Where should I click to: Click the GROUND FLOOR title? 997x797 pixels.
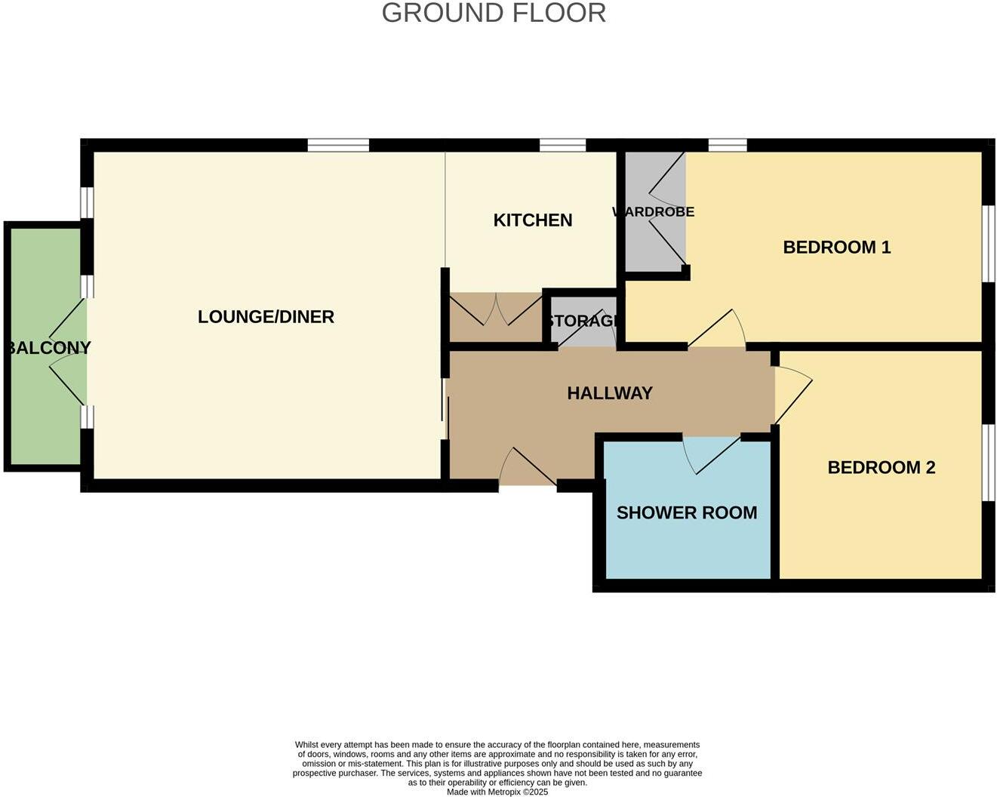pyautogui.click(x=494, y=13)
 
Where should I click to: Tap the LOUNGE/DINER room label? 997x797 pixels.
pyautogui.click(x=266, y=317)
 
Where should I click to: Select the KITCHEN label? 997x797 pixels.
pyautogui.click(x=533, y=220)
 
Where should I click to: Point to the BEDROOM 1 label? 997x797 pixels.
pyautogui.click(x=837, y=247)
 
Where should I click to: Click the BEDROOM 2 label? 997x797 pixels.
pyautogui.click(x=882, y=467)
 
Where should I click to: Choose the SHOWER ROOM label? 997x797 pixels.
pyautogui.click(x=687, y=512)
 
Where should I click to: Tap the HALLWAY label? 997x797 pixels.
pyautogui.click(x=610, y=393)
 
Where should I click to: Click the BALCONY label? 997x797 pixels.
pyautogui.click(x=48, y=348)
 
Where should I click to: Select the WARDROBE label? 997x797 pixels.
pyautogui.click(x=654, y=212)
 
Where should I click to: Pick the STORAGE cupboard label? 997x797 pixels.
pyautogui.click(x=583, y=321)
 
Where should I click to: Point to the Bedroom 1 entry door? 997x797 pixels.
pyautogui.click(x=716, y=331)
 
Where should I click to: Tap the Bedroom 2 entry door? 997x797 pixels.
pyautogui.click(x=792, y=394)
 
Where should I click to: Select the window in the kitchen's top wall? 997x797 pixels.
pyautogui.click(x=562, y=146)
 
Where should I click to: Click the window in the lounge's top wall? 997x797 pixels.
pyautogui.click(x=338, y=146)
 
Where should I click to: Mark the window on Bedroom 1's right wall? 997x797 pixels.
pyautogui.click(x=988, y=244)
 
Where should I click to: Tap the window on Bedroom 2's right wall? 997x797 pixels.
pyautogui.click(x=988, y=463)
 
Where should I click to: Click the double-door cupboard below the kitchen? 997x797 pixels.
pyautogui.click(x=496, y=317)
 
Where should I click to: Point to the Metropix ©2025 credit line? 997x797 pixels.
pyautogui.click(x=497, y=792)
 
